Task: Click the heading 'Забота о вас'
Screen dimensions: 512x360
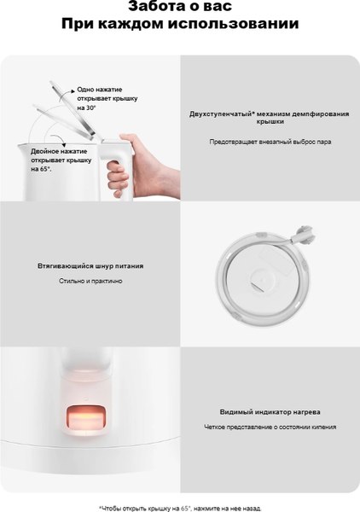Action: tap(179, 8)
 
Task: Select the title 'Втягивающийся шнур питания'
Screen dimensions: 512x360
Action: tap(90, 265)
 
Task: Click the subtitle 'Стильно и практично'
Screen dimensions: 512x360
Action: tap(90, 281)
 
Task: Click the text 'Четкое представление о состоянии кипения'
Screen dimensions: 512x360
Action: tap(270, 427)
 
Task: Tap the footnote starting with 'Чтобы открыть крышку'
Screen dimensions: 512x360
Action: tap(179, 507)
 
